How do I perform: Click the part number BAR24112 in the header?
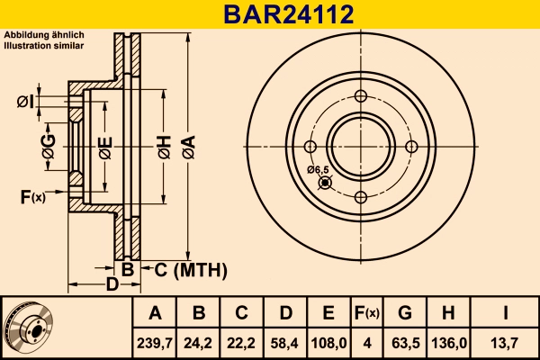point(269,13)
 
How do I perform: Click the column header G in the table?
point(405,313)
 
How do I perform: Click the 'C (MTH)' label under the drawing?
point(184,270)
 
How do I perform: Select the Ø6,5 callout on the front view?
point(318,169)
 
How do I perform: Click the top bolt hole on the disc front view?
point(361,97)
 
